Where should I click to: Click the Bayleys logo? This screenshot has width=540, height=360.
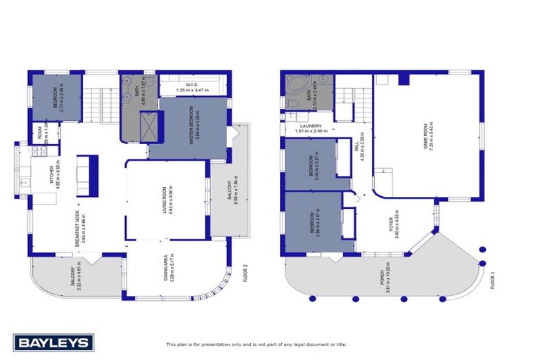click(53, 342)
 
